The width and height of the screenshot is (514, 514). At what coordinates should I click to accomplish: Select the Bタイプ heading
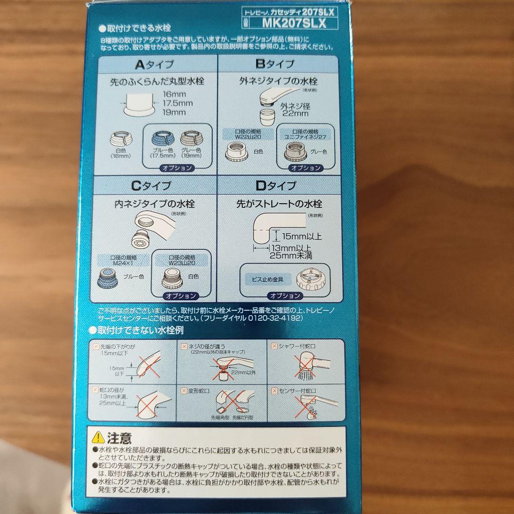(x=275, y=64)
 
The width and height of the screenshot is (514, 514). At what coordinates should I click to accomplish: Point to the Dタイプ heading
(x=276, y=186)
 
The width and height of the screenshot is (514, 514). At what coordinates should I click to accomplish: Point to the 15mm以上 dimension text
(x=301, y=236)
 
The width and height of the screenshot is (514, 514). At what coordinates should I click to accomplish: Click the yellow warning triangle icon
(x=98, y=436)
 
